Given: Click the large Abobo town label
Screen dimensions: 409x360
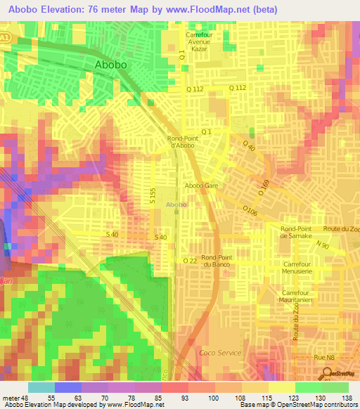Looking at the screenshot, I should click(x=111, y=65).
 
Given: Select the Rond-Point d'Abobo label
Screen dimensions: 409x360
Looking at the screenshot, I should click(x=185, y=142).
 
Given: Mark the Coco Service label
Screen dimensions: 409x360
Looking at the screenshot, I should click(x=220, y=353).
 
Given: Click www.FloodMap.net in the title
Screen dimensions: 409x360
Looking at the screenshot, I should click(x=214, y=9).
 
